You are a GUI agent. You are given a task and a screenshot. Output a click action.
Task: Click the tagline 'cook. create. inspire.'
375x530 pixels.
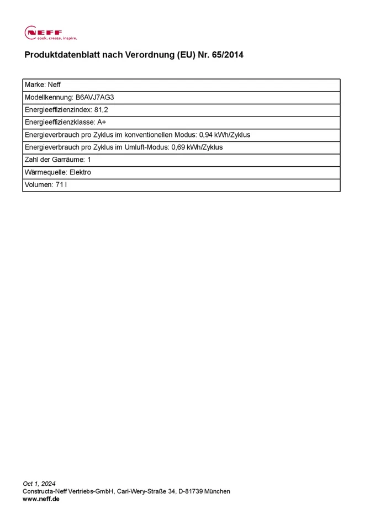pyautogui.click(x=57, y=39)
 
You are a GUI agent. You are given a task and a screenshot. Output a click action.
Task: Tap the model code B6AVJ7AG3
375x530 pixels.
pyautogui.click(x=95, y=97)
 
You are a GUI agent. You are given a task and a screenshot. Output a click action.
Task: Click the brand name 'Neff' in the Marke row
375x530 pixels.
pyautogui.click(x=55, y=85)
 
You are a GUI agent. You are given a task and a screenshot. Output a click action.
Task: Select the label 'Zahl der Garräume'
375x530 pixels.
pyautogui.click(x=54, y=160)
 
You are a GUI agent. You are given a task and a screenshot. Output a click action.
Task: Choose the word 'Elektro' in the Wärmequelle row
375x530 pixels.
pyautogui.click(x=80, y=172)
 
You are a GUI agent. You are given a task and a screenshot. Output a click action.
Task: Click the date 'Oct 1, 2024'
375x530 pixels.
pyautogui.click(x=39, y=484)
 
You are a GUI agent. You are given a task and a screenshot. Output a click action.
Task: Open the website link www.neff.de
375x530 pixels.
pyautogui.click(x=41, y=499)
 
